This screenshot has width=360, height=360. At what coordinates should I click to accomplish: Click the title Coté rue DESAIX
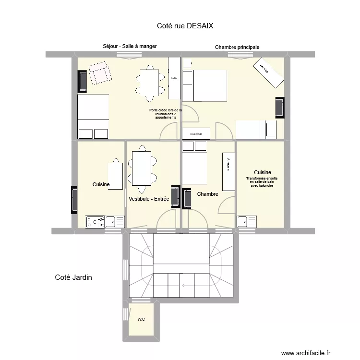[x=185, y=26]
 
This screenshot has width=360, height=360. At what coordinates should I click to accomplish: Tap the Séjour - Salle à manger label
[x=130, y=46]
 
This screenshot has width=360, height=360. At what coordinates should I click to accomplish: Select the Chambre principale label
[x=237, y=47]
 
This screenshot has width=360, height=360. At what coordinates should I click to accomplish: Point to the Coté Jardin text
[x=73, y=277]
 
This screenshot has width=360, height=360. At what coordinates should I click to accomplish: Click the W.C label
[x=141, y=319]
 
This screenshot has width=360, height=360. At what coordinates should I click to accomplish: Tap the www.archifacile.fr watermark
[x=306, y=352]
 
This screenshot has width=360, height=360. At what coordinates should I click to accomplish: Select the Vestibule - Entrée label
[x=149, y=199]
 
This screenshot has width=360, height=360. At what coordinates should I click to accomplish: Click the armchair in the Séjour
[x=100, y=75]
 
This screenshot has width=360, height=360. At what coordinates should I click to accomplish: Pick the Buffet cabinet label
[x=174, y=78]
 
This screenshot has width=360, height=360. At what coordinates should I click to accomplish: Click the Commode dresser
[x=196, y=134]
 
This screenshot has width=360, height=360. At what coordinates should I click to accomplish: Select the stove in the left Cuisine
[x=96, y=221]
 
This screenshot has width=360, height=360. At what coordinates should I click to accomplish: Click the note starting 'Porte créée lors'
[x=163, y=114]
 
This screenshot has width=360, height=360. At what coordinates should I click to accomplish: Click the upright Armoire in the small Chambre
[x=228, y=172]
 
